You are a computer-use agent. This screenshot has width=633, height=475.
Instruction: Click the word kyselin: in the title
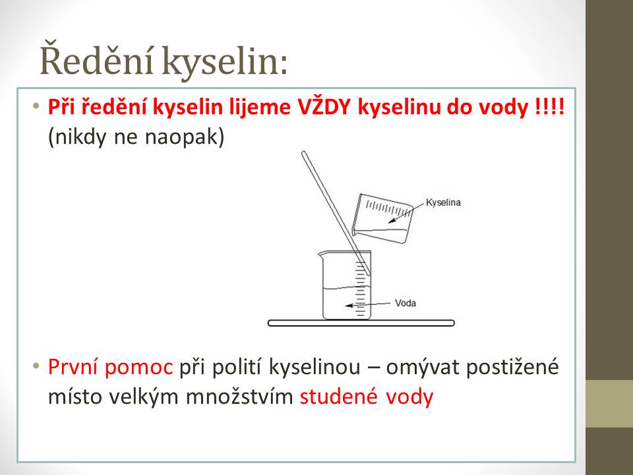click(x=226, y=62)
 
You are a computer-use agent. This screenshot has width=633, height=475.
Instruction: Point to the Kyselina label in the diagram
click(x=443, y=203)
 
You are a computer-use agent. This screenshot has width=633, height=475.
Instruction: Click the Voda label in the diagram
click(x=406, y=303)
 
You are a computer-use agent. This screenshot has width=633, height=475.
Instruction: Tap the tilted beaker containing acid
click(x=382, y=218)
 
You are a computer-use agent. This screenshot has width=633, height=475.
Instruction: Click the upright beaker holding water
click(x=345, y=285)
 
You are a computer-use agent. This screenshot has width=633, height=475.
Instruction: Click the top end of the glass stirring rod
click(x=304, y=152)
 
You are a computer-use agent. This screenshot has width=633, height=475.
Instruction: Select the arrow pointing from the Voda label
click(x=368, y=304)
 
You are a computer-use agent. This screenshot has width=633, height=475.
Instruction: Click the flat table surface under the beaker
click(x=361, y=323)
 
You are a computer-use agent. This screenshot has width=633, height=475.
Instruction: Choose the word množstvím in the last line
click(x=239, y=396)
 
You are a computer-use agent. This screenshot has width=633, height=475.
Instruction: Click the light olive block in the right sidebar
click(x=609, y=404)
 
